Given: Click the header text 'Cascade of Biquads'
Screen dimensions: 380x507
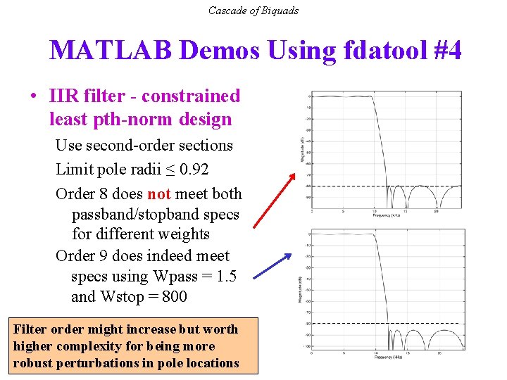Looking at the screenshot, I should [254, 11].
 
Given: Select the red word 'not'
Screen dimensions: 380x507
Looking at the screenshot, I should [158, 194].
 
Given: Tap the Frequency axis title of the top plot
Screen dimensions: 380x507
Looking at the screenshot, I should [387, 217].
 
